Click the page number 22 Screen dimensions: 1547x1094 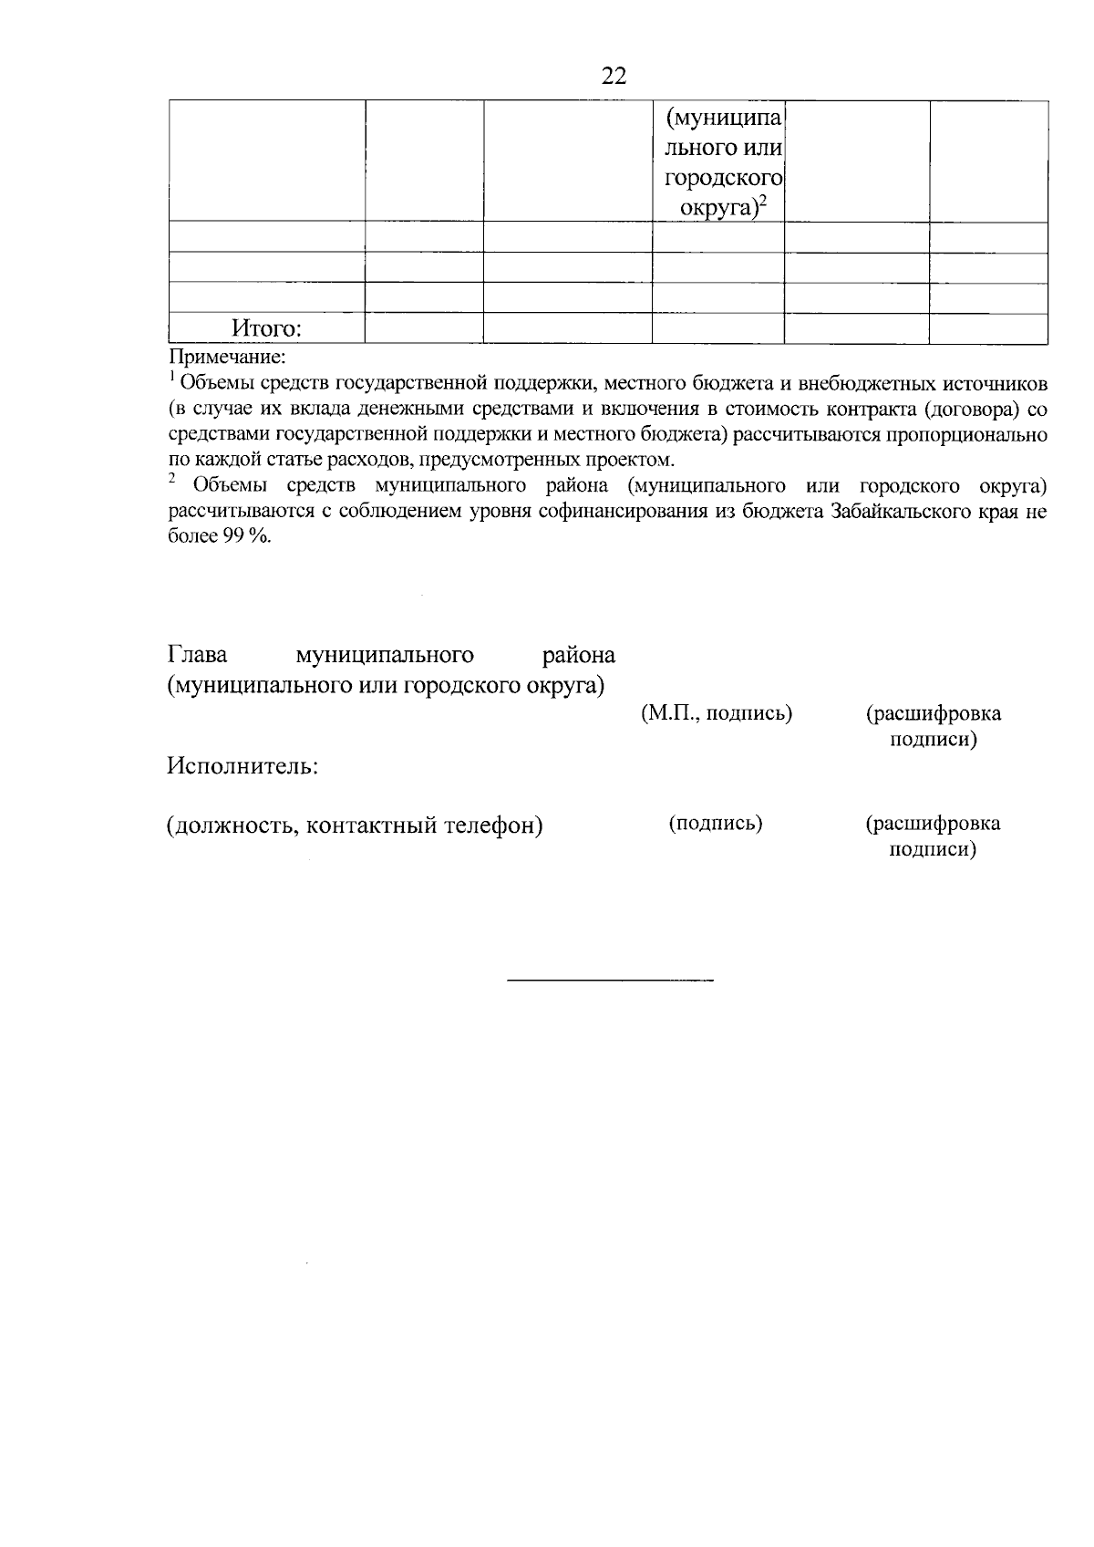(x=614, y=77)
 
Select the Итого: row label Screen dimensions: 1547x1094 (x=267, y=328)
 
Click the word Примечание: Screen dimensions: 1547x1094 (x=227, y=356)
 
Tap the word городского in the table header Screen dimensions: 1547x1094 (x=724, y=179)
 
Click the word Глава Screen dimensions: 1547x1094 (x=197, y=655)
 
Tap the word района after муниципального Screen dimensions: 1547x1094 (x=578, y=655)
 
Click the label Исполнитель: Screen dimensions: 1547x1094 (x=242, y=766)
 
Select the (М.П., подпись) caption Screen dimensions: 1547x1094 (x=717, y=713)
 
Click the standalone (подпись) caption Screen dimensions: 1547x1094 (x=716, y=824)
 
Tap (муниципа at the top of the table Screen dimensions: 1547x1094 (x=724, y=119)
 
